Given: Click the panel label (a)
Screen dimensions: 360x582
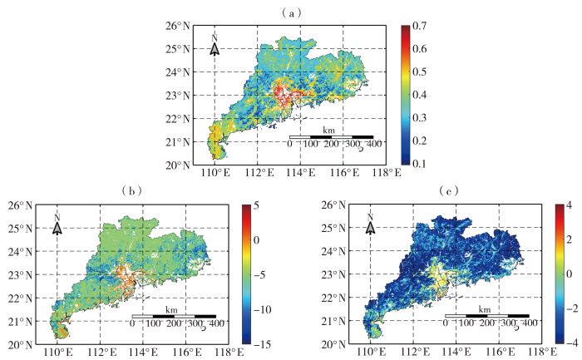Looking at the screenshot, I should tap(291, 12).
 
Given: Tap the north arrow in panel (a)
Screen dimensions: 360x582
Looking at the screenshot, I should tap(215, 47).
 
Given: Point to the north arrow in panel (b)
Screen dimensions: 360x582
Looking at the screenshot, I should tap(57, 226).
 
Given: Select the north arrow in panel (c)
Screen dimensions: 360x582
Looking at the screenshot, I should tap(370, 226).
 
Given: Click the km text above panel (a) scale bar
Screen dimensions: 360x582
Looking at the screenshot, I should tap(329, 129).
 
